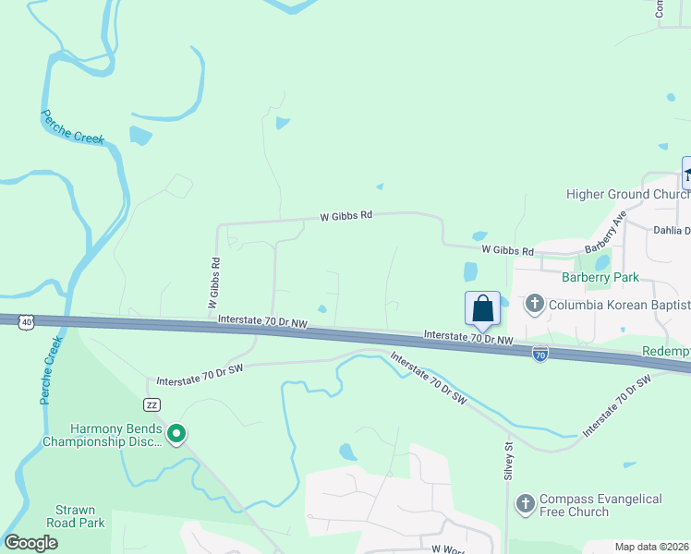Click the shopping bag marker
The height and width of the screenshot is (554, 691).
pos(483,308)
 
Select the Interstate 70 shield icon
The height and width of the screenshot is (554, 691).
pos(539,354)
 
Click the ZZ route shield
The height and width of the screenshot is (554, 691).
pos(152,404)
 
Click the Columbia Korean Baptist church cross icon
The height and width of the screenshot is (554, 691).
pos(533,304)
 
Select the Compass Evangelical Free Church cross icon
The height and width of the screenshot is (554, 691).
pos(526,504)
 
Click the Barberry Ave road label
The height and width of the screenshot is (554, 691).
pos(606,233)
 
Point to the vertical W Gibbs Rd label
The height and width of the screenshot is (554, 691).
pos(213,283)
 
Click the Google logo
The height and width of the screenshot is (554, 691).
pos(30,543)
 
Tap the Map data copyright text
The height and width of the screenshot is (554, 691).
pos(652,547)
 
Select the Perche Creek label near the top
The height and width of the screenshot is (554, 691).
pos(72,127)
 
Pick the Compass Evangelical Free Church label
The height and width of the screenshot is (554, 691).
pos(600,505)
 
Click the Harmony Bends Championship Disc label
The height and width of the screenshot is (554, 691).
pos(103,436)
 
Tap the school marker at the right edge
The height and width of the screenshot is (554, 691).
pos(686,174)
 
